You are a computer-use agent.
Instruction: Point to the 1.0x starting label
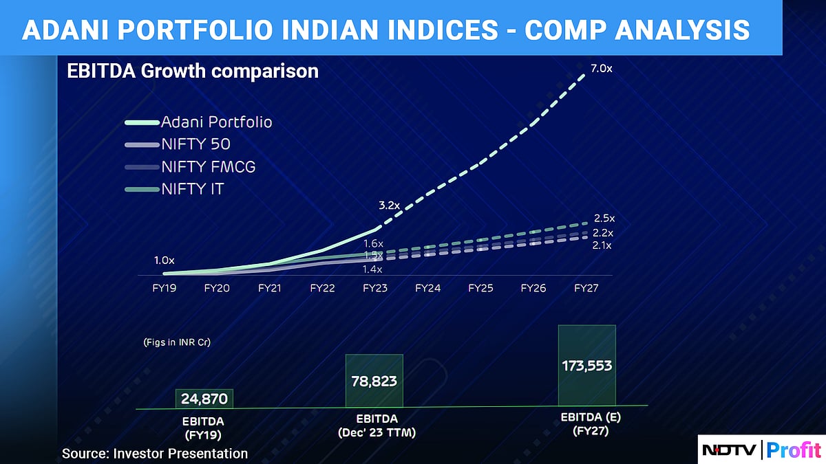164,261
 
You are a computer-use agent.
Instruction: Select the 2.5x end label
604,219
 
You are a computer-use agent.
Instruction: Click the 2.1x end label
602,245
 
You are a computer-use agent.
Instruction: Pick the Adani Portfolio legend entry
216,122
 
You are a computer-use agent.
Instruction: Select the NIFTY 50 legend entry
195,144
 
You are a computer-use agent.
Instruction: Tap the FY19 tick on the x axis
164,289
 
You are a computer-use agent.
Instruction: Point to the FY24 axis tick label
427,289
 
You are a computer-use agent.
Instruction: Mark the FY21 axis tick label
270,289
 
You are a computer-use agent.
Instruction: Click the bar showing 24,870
204,398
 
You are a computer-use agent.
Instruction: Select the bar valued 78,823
374,380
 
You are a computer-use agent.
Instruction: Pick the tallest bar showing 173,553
586,366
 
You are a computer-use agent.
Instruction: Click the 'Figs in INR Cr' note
177,342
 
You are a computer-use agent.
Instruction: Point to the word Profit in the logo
794,451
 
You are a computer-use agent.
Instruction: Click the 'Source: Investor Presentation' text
155,454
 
